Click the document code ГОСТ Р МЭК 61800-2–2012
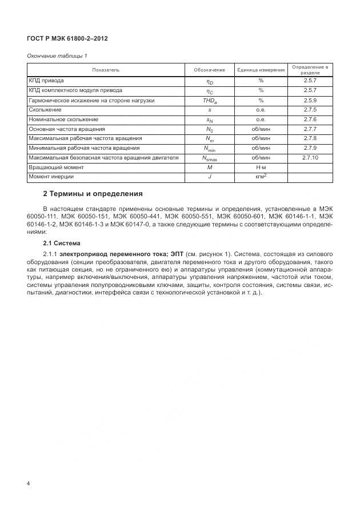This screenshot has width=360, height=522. point(67,38)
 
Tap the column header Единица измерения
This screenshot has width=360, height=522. point(261,70)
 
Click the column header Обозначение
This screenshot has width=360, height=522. point(209,70)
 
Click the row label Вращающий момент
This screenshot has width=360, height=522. point(56,168)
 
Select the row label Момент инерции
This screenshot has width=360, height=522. point(51,177)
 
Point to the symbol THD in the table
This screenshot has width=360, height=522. point(209,101)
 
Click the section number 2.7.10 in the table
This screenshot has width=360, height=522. point(310,158)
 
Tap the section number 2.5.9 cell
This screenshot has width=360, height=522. point(310,100)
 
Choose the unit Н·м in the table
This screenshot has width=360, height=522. point(261,168)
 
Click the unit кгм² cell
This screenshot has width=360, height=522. point(262,177)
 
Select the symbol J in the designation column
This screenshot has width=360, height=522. point(210,177)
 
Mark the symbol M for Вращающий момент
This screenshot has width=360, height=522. point(210,168)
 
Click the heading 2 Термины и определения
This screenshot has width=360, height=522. point(93,194)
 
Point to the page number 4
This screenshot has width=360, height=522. point(29,484)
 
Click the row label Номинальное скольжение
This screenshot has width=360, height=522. point(63,119)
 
